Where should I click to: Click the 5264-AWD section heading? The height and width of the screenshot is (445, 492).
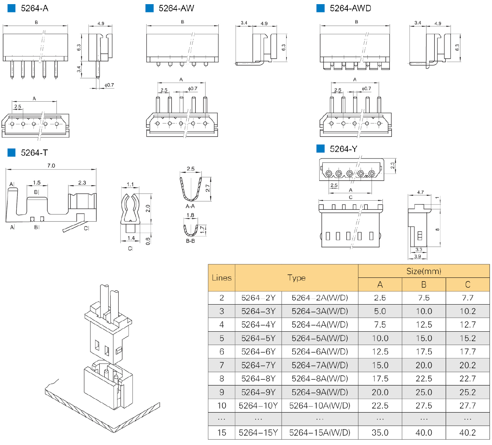(350, 8)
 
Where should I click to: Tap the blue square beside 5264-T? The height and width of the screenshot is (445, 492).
(12, 152)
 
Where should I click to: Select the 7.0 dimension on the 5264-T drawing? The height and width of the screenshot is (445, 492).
(51, 166)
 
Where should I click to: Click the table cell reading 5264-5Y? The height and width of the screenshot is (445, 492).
(258, 338)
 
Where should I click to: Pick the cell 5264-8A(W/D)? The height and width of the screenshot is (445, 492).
(320, 379)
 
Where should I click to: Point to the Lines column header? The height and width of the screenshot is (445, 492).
(221, 278)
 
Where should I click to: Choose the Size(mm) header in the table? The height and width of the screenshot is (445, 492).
(423, 271)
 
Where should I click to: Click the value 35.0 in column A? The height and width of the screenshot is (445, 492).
(380, 433)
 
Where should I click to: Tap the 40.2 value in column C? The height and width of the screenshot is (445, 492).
(468, 433)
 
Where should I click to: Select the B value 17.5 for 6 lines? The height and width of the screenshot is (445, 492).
(423, 352)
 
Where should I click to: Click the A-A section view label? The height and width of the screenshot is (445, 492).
(190, 206)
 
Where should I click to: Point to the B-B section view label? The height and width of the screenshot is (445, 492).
(190, 241)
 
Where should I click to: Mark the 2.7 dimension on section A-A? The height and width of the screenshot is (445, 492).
(208, 188)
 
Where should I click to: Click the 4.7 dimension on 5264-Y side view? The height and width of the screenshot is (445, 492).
(420, 192)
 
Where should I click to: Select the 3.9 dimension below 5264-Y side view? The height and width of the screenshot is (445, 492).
(417, 256)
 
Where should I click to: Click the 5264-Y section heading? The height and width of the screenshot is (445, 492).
(343, 149)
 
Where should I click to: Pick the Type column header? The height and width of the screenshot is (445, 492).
(296, 278)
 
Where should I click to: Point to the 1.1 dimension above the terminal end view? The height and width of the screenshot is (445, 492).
(130, 184)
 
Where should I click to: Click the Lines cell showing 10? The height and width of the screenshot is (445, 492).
(221, 405)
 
